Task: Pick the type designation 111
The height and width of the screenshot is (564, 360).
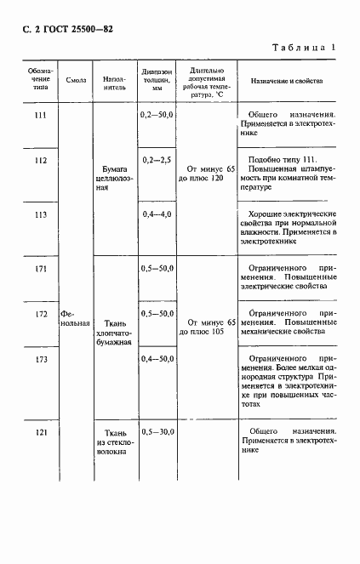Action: (37, 114)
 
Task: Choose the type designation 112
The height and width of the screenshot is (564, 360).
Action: (37, 160)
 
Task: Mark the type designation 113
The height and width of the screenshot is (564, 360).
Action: (37, 214)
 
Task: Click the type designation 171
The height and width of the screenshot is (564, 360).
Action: (37, 270)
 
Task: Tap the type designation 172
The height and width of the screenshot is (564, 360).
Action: (37, 315)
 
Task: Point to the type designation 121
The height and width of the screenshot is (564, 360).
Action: (37, 434)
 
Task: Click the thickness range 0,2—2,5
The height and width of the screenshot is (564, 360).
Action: (157, 160)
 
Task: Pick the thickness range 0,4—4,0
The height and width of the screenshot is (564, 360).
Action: (157, 214)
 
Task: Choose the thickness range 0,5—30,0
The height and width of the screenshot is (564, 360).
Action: (157, 434)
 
